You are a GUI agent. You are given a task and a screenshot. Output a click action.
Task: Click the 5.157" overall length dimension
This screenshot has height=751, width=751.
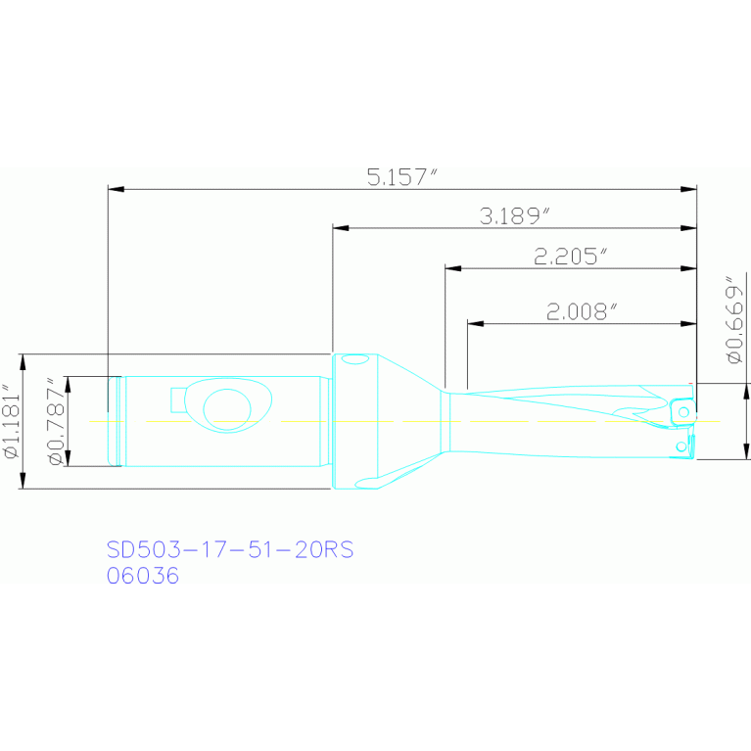[x=401, y=176]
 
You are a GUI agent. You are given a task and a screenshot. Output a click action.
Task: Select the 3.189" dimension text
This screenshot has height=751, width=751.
[x=515, y=216]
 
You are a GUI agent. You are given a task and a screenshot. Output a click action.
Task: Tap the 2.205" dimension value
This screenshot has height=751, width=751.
[x=571, y=257]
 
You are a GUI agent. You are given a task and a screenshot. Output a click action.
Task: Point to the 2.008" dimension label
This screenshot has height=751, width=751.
[x=582, y=311]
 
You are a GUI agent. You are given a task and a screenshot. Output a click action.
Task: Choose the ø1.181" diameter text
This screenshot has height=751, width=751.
[x=12, y=421]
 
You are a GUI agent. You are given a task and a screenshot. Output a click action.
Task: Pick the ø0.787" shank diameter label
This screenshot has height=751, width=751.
[x=56, y=421]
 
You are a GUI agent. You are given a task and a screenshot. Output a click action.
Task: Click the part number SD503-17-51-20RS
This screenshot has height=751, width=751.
[x=230, y=549]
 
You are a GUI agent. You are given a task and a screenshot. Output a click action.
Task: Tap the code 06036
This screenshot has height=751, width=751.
[x=143, y=575]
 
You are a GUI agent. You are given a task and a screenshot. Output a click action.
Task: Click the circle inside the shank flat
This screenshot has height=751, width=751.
[x=227, y=409]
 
